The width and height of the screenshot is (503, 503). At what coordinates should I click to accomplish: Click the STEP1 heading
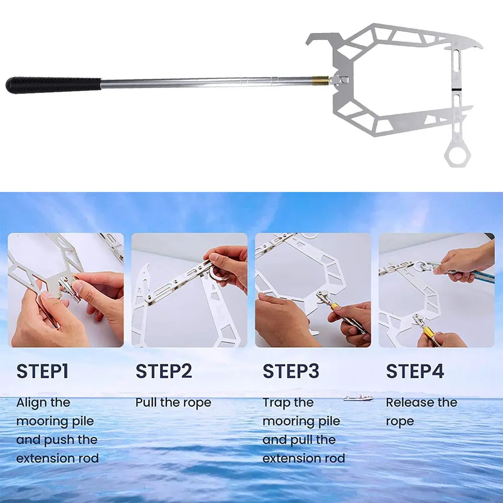tap(42, 372)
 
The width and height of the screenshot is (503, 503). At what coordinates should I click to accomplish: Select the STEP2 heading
tap(164, 372)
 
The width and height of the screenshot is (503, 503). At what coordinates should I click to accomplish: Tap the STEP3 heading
tap(291, 372)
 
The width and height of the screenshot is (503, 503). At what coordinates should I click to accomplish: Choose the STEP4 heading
tap(415, 372)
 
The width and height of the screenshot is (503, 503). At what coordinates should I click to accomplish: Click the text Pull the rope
tap(173, 403)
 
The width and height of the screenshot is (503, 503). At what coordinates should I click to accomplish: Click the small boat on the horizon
tap(358, 398)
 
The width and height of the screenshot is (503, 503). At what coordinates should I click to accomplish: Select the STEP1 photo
tap(65, 290)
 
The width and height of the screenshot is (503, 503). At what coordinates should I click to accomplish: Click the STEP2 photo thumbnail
tap(189, 290)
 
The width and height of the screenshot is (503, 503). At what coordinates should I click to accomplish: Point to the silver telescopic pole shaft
tap(206, 81)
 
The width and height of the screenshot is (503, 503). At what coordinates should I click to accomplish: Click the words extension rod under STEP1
tap(57, 458)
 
